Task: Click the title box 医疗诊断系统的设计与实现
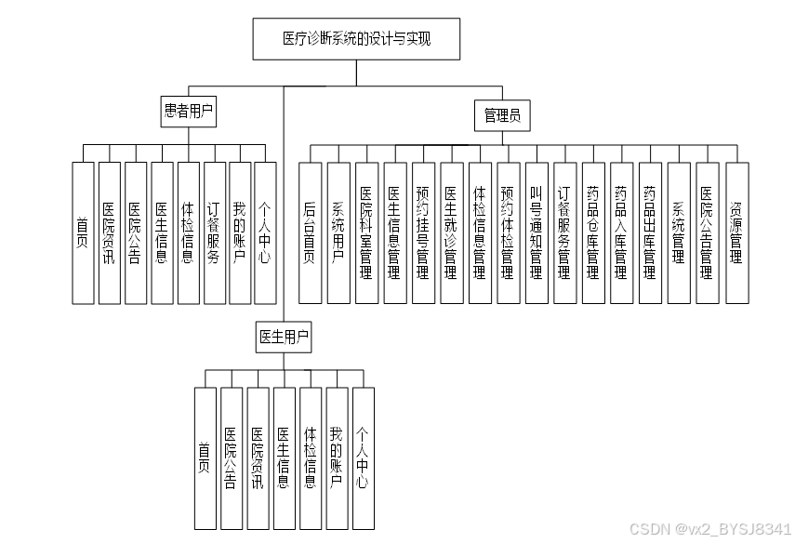click(357, 39)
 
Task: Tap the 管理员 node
click(502, 115)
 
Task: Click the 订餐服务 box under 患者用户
click(214, 232)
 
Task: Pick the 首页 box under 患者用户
click(84, 232)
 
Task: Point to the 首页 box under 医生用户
click(205, 457)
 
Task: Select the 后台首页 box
click(311, 232)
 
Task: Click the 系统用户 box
click(338, 232)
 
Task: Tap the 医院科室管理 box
click(367, 232)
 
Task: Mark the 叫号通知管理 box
click(537, 232)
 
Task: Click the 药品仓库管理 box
click(593, 232)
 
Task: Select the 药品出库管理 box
click(650, 232)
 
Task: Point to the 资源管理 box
click(736, 232)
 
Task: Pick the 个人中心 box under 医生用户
click(363, 457)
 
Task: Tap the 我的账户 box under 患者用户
click(240, 232)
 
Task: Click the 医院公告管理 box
click(707, 232)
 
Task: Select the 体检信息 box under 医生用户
click(311, 457)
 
